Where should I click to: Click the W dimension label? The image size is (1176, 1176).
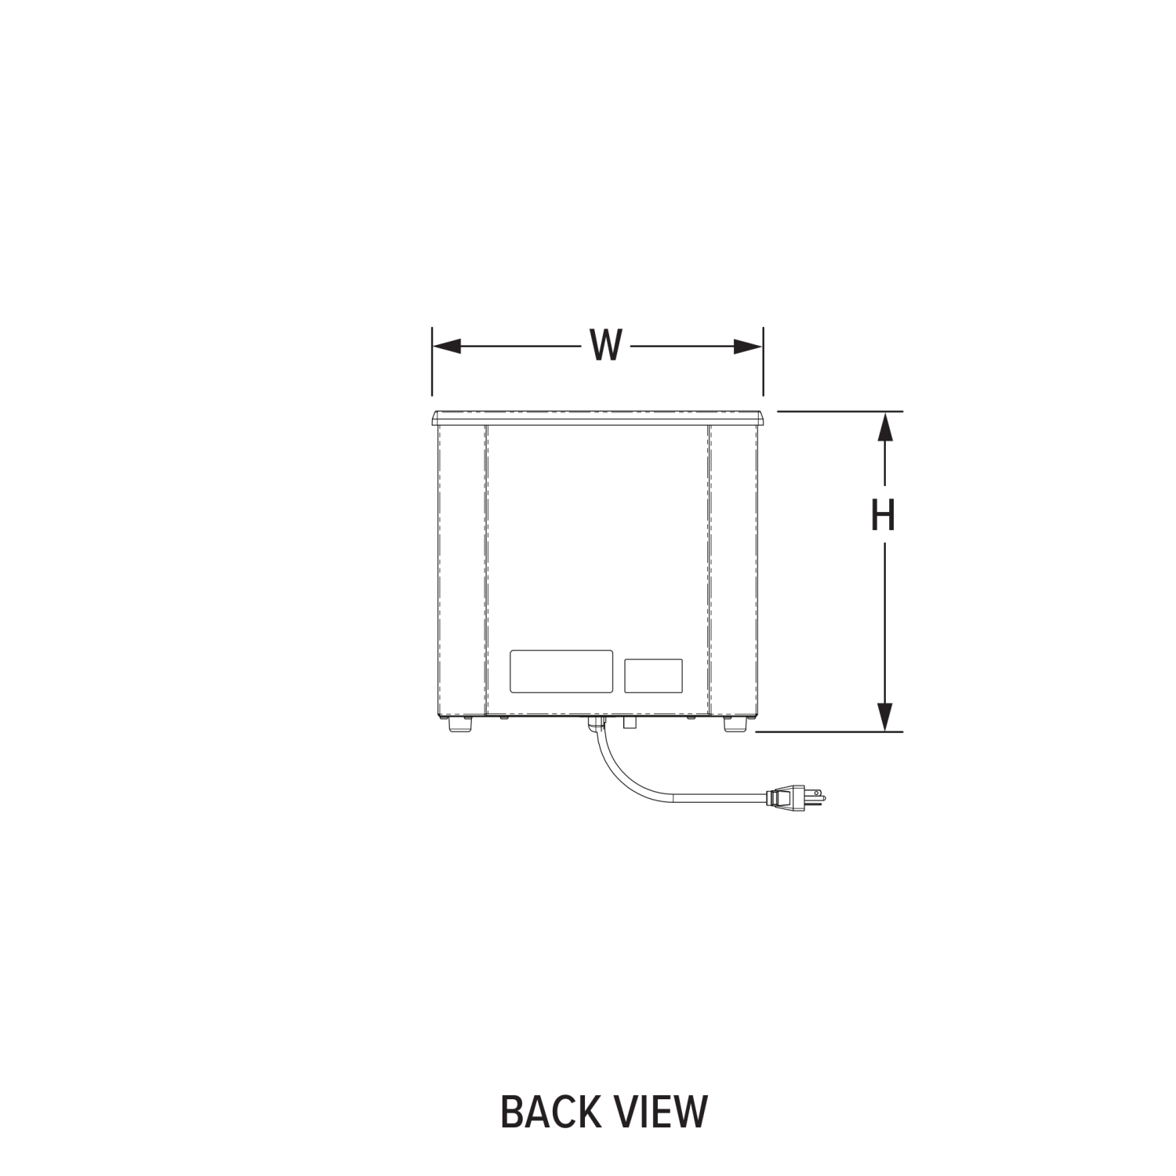click(x=605, y=346)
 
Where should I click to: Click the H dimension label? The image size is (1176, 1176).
click(x=884, y=515)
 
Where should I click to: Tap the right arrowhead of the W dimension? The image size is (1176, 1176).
click(x=748, y=347)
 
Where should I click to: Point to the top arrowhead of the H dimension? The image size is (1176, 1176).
click(x=884, y=427)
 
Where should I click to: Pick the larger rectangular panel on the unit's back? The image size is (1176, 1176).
click(x=561, y=671)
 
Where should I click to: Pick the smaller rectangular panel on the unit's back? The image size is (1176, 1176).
click(x=653, y=676)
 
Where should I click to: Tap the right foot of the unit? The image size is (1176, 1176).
click(x=735, y=725)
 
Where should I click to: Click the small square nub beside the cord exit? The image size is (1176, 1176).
click(x=629, y=723)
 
